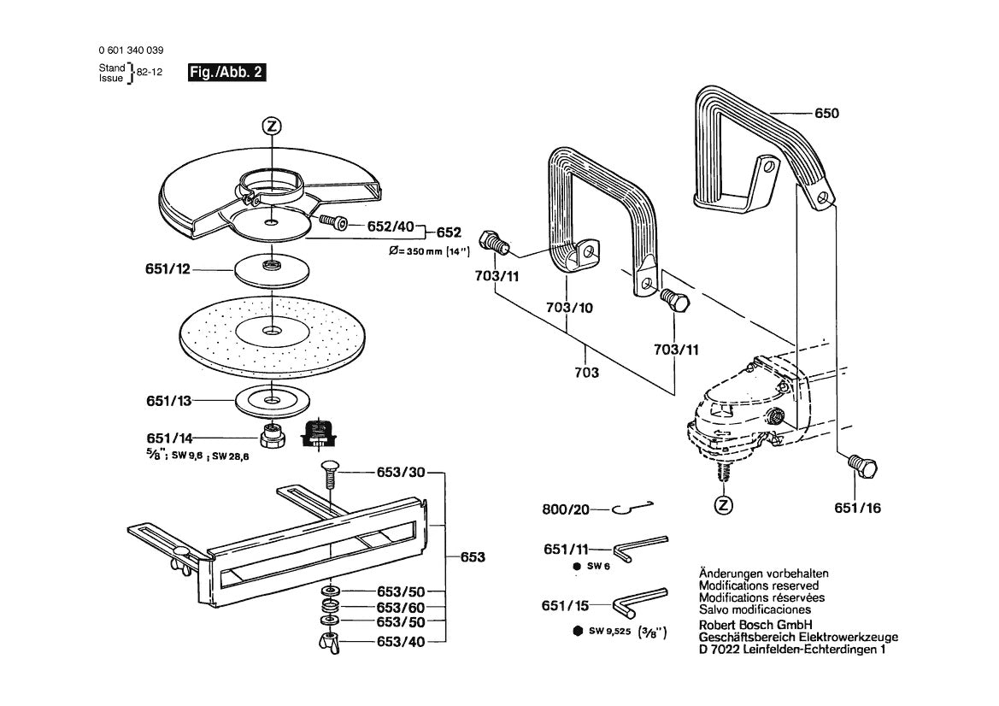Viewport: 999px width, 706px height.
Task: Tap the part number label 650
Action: [826, 114]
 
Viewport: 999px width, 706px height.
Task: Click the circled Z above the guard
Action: [271, 126]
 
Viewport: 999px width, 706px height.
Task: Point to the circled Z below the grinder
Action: [724, 504]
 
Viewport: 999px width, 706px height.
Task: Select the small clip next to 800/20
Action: [633, 509]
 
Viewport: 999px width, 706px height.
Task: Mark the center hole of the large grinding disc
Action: [270, 329]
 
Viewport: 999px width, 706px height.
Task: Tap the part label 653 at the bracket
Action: [473, 557]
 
